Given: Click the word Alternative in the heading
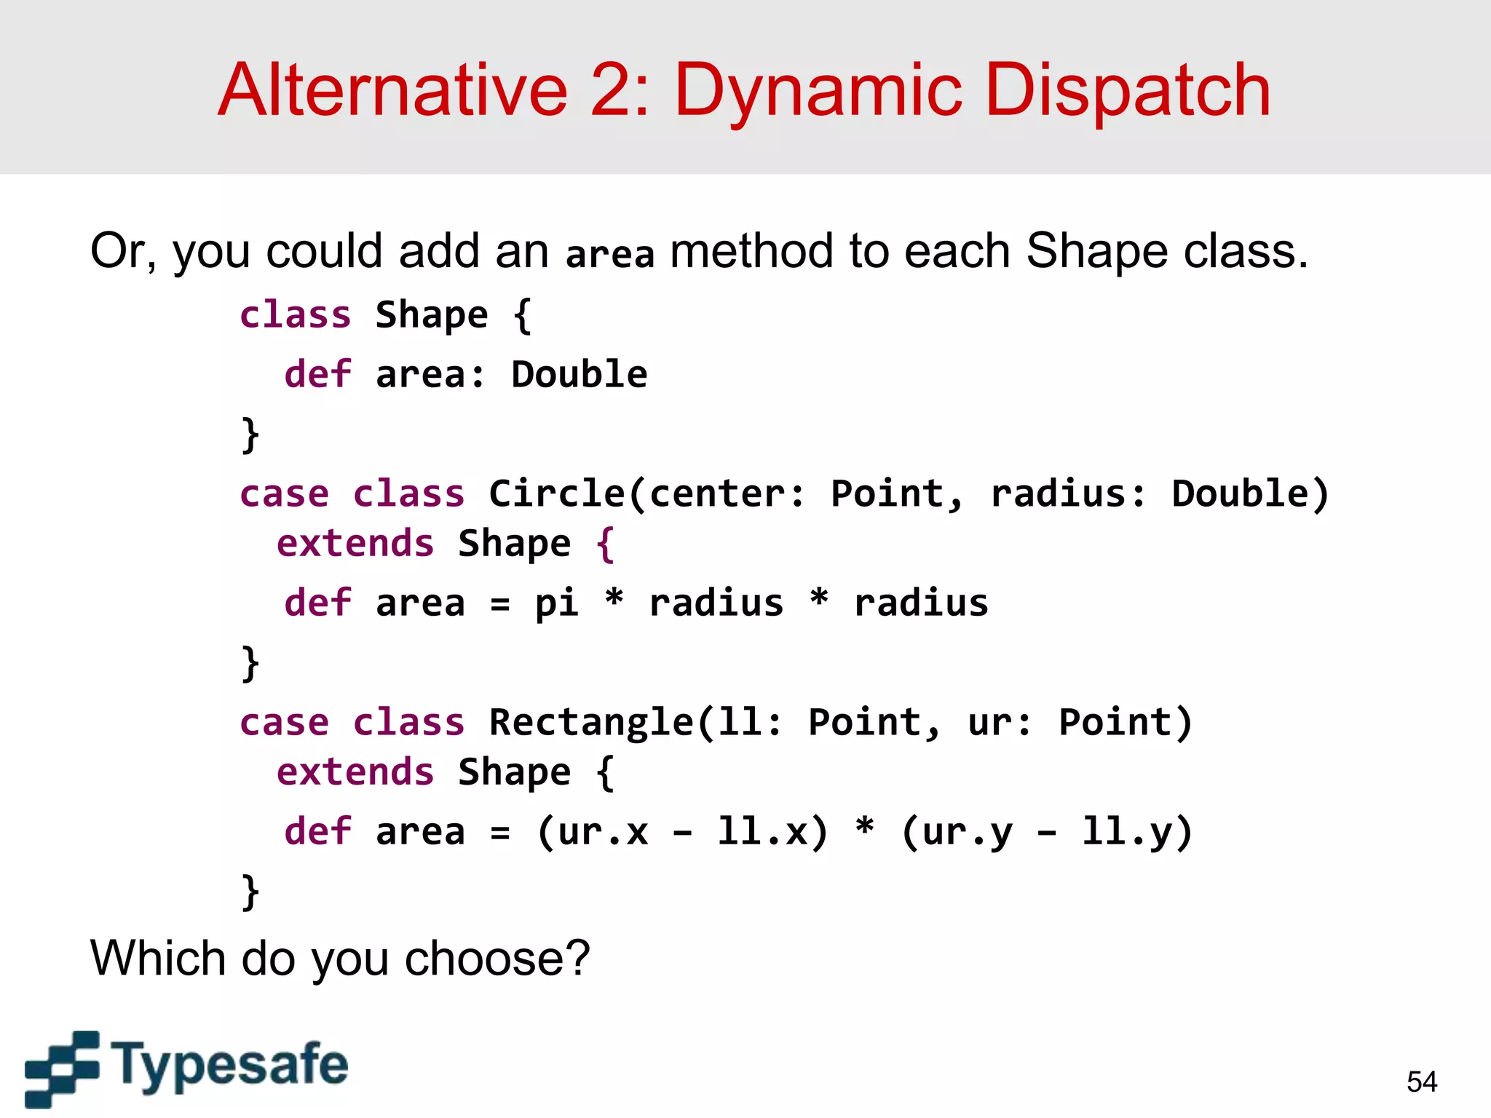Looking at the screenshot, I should [x=392, y=91].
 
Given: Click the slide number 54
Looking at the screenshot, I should [x=1422, y=1082].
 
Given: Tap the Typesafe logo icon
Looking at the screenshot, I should [x=61, y=1068].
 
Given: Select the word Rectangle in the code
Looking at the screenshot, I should [x=590, y=722].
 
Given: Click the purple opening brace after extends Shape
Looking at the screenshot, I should [x=605, y=544].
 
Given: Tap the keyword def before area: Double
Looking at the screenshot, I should [x=317, y=375].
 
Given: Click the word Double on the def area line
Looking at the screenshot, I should [x=579, y=375].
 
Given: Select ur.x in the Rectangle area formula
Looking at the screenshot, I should [x=602, y=832].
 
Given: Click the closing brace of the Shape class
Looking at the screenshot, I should [x=250, y=435].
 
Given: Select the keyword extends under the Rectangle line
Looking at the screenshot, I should [x=355, y=772].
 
